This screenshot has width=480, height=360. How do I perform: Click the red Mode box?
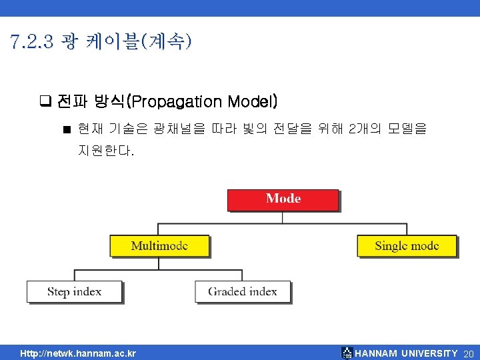point(283,199)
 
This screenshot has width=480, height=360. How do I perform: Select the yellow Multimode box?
point(159,245)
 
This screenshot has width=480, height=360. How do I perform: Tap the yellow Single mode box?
point(407,245)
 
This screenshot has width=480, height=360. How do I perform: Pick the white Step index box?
point(74,291)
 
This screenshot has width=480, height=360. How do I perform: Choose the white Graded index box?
point(243,291)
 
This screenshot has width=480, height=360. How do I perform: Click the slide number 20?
point(468,353)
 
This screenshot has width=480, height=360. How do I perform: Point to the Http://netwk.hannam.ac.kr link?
point(78,353)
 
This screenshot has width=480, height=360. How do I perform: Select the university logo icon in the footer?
point(347,353)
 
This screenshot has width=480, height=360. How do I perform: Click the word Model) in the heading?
point(253,102)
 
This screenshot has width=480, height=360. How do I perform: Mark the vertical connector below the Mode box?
point(283,217)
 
